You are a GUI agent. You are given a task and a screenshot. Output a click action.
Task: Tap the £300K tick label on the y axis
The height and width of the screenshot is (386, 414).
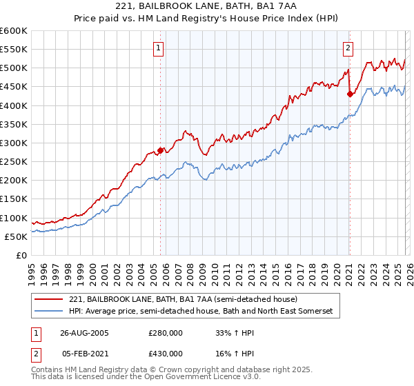tap(14, 143)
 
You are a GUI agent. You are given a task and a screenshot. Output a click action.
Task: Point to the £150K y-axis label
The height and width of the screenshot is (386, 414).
tap(14, 199)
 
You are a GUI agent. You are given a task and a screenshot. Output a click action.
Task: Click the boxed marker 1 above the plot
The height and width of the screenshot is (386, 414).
tap(159, 48)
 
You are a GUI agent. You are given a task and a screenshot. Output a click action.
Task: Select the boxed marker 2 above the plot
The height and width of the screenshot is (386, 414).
tap(347, 48)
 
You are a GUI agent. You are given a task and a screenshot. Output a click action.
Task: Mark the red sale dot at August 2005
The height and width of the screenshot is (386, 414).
tap(161, 150)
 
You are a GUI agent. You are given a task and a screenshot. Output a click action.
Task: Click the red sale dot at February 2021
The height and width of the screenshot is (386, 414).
tap(350, 94)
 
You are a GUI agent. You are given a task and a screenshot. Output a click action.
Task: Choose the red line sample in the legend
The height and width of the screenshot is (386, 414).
tap(49, 300)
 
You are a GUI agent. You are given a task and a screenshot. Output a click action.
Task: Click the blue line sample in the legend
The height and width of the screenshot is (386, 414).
tap(49, 312)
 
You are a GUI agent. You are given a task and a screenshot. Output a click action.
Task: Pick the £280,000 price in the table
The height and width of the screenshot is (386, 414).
tap(166, 332)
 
